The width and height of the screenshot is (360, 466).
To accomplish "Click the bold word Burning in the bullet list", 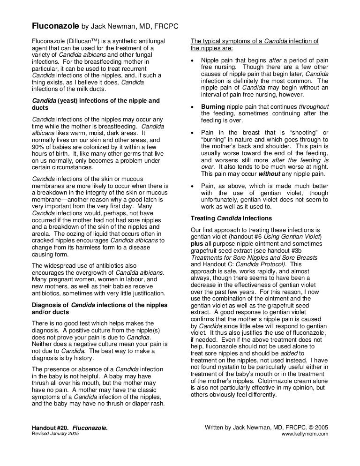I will pos(214,106).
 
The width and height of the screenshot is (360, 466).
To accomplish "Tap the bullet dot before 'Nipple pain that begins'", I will pos(194,61).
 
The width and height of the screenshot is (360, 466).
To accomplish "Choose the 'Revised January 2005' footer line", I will pos(55,434).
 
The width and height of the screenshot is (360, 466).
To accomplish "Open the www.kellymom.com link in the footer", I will pos(305,434).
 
